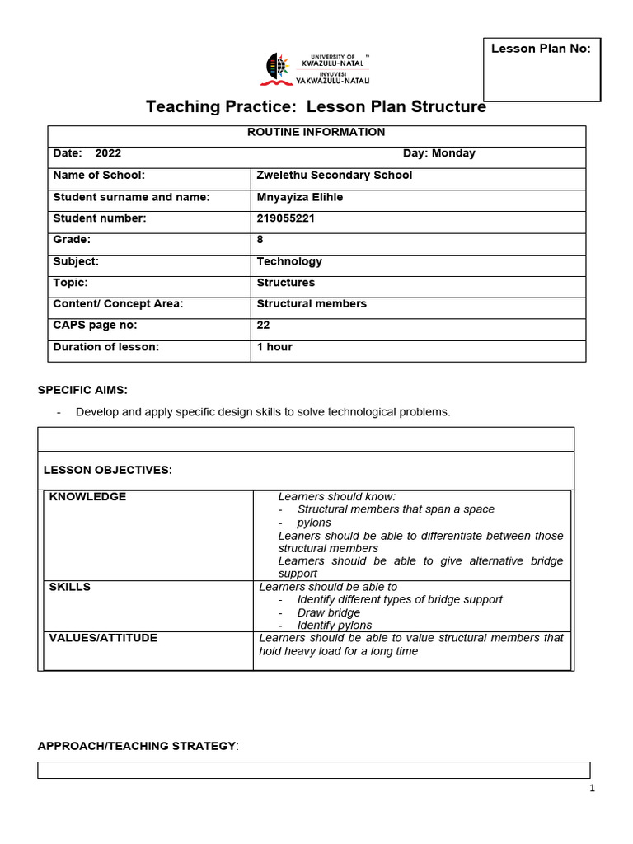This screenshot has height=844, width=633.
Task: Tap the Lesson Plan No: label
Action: pyautogui.click(x=541, y=49)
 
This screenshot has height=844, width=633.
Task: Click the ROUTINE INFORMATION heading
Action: pyautogui.click(x=316, y=132)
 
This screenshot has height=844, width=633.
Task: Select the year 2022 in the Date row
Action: pyautogui.click(x=108, y=153)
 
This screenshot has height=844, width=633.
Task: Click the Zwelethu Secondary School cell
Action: pyautogui.click(x=335, y=175)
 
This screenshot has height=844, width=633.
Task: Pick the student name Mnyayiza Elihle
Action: pyautogui.click(x=300, y=197)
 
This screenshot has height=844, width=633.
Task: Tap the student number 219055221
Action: pyautogui.click(x=286, y=218)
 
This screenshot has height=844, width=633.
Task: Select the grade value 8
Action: pyautogui.click(x=260, y=240)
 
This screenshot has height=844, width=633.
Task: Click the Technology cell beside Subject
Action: pyautogui.click(x=289, y=261)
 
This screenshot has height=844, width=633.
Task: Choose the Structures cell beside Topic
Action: pyautogui.click(x=286, y=283)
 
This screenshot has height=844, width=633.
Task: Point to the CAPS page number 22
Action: pyautogui.click(x=264, y=326)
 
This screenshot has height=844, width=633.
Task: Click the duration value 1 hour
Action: pyautogui.click(x=274, y=347)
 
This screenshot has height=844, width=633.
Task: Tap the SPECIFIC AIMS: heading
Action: pyautogui.click(x=82, y=390)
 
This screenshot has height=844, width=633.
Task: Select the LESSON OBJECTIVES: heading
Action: pyautogui.click(x=108, y=470)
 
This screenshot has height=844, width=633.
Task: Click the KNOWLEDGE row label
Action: pyautogui.click(x=87, y=496)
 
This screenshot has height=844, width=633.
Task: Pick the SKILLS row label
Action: pyautogui.click(x=70, y=587)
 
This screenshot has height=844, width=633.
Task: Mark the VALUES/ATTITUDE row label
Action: pyautogui.click(x=103, y=638)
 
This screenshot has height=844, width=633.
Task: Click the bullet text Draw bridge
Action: pyautogui.click(x=329, y=613)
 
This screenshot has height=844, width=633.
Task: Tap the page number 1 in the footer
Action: pyautogui.click(x=592, y=788)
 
